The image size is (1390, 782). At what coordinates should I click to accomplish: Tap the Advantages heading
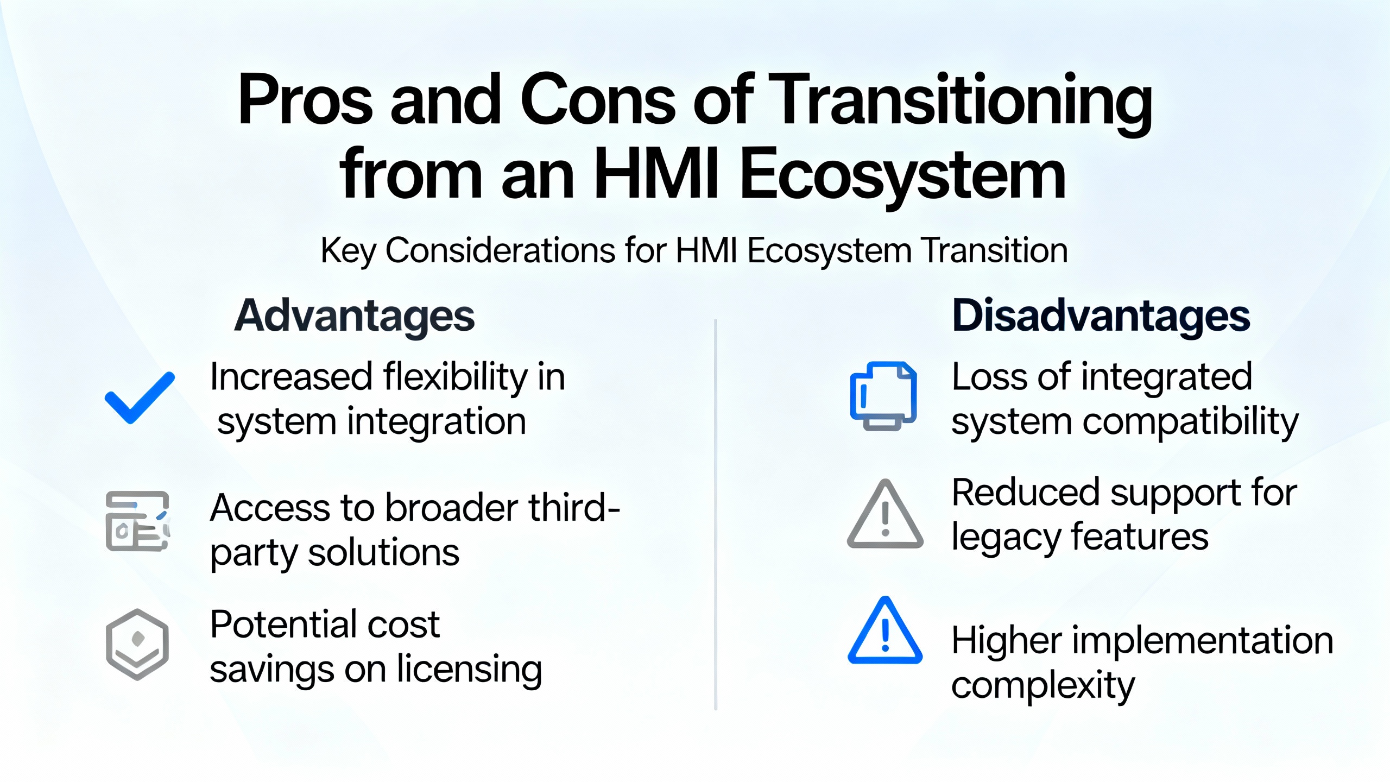tap(355, 316)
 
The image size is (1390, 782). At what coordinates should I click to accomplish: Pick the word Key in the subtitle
tap(348, 251)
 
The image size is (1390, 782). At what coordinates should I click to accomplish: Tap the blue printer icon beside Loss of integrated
tap(883, 396)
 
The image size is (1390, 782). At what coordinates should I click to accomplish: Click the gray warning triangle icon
tap(885, 514)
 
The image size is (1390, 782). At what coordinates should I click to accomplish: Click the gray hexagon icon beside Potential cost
tap(137, 644)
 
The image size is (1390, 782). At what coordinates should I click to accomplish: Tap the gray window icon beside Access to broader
tap(138, 521)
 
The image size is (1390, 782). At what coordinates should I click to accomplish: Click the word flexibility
tap(455, 377)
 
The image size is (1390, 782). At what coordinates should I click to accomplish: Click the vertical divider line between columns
tap(716, 514)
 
